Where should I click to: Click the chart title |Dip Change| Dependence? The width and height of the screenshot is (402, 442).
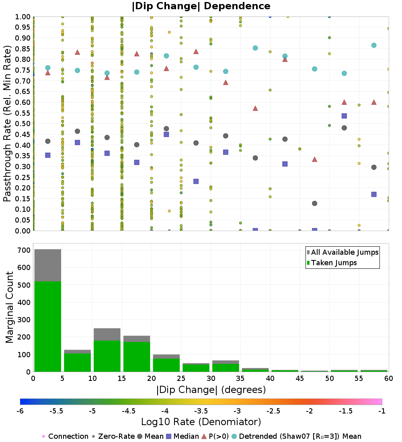pyautogui.click(x=201, y=6)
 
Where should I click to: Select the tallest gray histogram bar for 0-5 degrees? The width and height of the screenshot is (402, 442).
pyautogui.click(x=47, y=265)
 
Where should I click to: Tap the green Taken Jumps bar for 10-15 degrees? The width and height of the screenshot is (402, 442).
pyautogui.click(x=107, y=356)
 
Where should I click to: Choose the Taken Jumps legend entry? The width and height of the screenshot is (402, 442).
pyautogui.click(x=334, y=263)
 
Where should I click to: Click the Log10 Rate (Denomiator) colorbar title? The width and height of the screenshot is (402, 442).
pyautogui.click(x=201, y=422)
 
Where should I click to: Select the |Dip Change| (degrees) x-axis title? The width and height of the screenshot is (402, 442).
pyautogui.click(x=211, y=390)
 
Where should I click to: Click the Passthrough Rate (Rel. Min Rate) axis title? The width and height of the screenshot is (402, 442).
pyautogui.click(x=7, y=123)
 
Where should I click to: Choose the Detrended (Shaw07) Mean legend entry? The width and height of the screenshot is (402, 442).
pyautogui.click(x=300, y=436)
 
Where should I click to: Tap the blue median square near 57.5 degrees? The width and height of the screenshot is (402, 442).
pyautogui.click(x=374, y=194)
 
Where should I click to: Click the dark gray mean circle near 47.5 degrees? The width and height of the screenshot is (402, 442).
pyautogui.click(x=314, y=203)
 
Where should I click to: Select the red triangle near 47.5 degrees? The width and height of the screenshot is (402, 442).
pyautogui.click(x=314, y=159)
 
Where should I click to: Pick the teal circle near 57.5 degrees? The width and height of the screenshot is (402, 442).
pyautogui.click(x=374, y=45)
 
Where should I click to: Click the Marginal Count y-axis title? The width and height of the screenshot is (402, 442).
pyautogui.click(x=9, y=307)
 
